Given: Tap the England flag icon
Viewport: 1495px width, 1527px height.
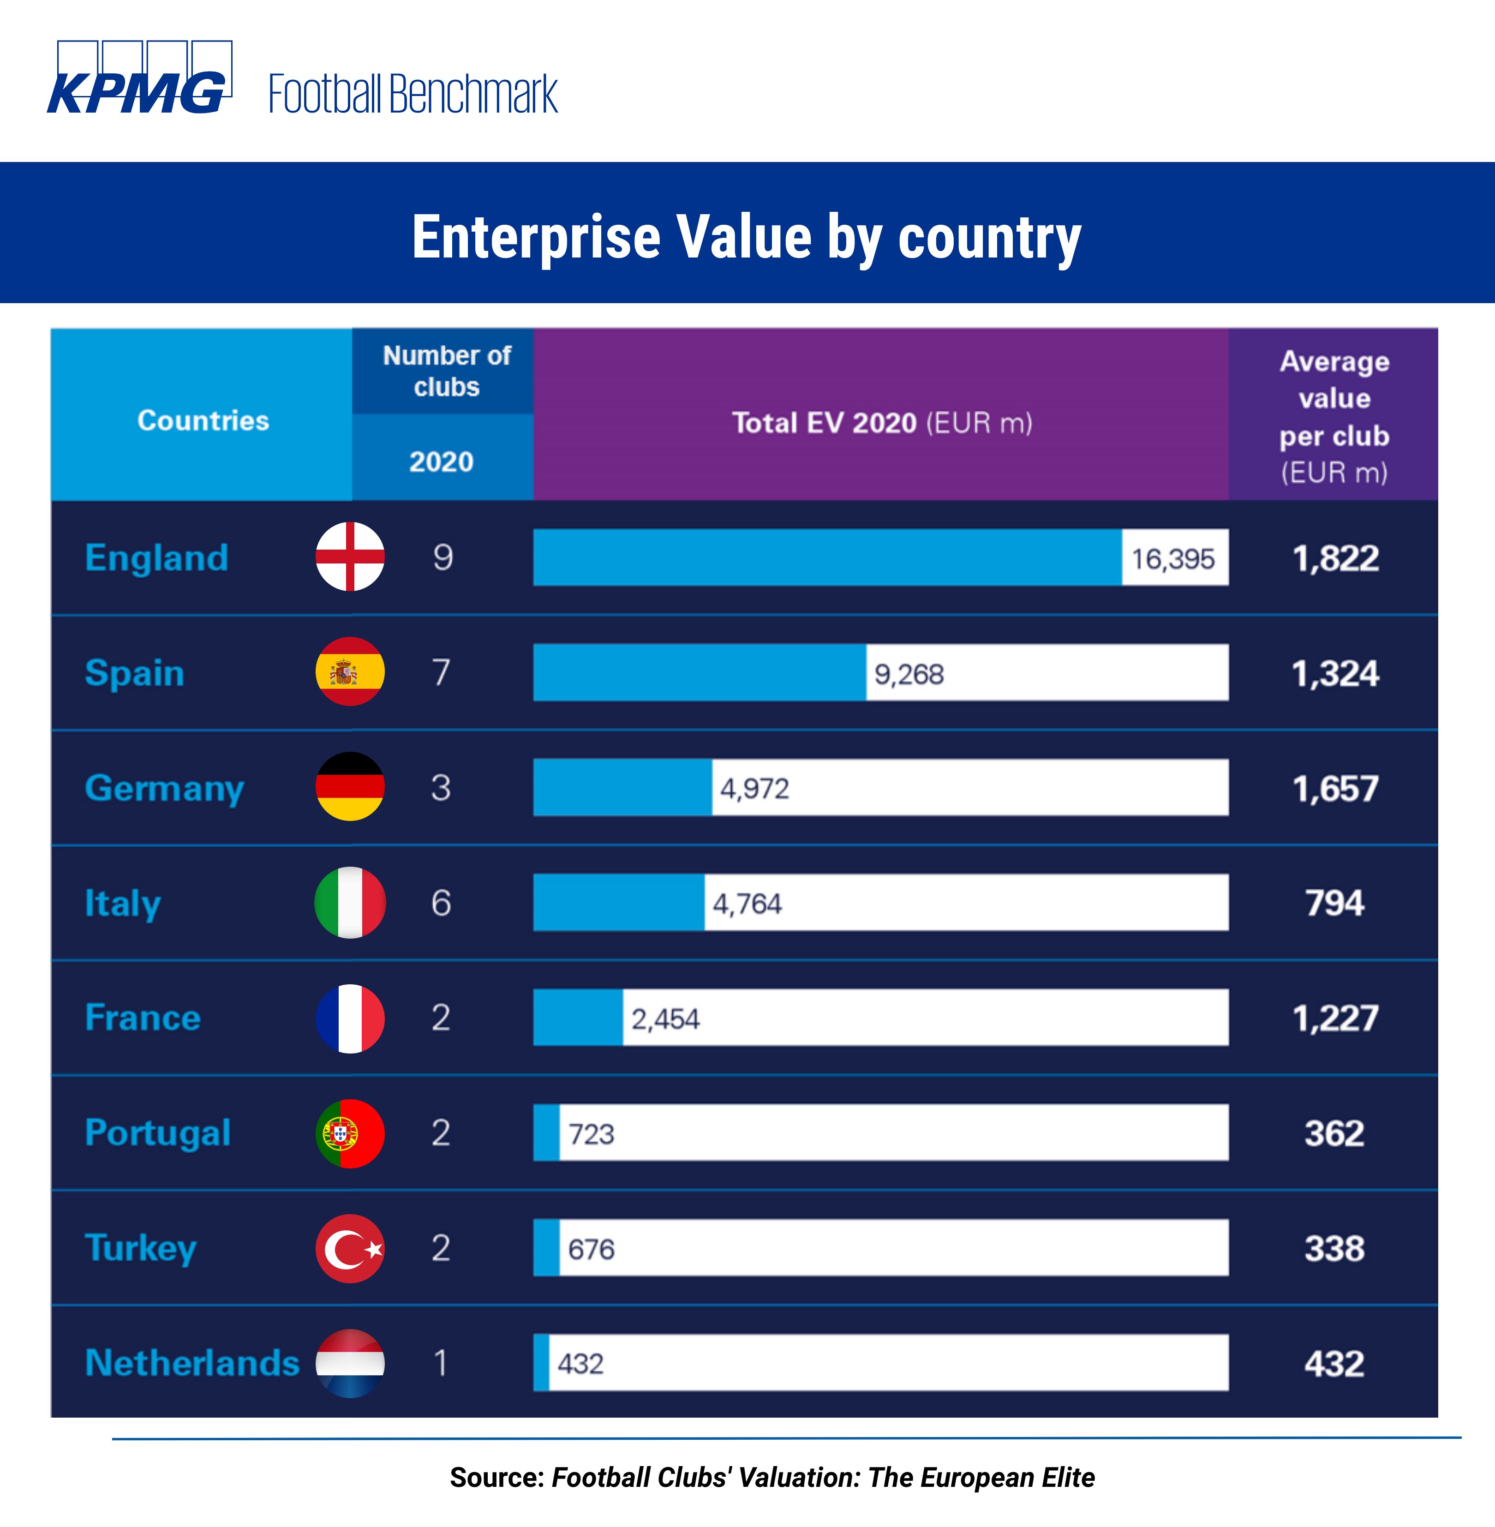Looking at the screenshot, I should point(350,557).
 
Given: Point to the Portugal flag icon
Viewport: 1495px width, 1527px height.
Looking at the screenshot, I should point(350,1133).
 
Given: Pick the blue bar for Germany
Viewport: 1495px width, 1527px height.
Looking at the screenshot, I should point(622,787).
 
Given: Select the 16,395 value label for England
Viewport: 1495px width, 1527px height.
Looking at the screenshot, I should point(1173,558).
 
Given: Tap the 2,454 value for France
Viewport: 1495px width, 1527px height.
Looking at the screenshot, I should point(665,1018).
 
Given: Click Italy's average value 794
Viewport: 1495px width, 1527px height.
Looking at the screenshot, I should point(1334,903).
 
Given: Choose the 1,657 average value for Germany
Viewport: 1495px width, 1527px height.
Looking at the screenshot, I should point(1335,788).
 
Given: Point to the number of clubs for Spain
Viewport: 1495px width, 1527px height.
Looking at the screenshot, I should point(441,673).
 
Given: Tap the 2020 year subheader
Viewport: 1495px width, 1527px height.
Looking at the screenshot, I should point(441,461).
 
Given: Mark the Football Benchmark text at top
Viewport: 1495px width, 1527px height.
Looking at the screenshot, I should point(413,94).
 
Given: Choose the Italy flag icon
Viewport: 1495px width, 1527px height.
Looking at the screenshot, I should point(350,903).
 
